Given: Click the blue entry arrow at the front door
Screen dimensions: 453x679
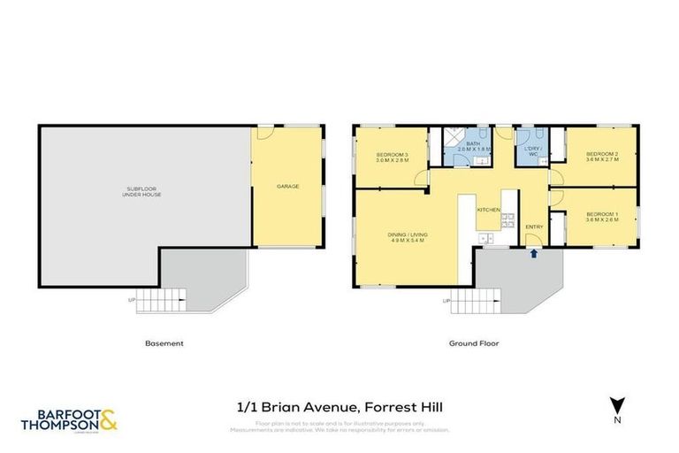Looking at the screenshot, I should click(533, 253).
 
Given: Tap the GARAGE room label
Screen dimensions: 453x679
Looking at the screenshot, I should click(287, 187).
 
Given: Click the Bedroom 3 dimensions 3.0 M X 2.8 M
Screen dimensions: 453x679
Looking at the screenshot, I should click(392, 161).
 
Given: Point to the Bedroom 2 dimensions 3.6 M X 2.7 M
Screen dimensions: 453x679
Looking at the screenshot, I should click(601, 161).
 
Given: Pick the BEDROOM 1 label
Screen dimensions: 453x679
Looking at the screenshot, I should click(601, 215).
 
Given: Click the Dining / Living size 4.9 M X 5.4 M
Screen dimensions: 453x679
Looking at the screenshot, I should click(408, 240).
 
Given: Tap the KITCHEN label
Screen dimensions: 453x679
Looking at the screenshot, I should click(489, 210).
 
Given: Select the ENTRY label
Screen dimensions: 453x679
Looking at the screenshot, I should click(534, 227).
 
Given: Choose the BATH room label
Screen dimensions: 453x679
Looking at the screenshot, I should click(473, 143).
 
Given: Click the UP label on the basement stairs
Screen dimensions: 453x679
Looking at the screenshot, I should click(133, 300).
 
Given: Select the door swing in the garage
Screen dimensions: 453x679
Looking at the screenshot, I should click(263, 134).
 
